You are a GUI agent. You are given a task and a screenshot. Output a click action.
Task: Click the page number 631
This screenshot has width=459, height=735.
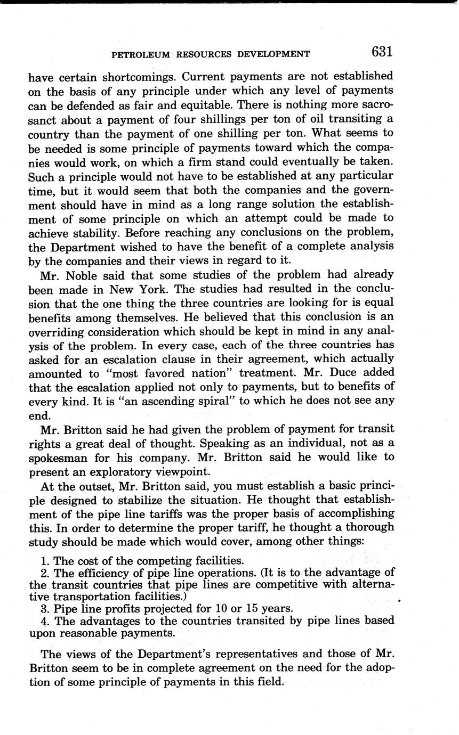coord(382,52)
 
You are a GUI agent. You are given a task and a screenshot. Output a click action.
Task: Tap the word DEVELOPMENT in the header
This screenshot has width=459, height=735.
coord(276,54)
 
